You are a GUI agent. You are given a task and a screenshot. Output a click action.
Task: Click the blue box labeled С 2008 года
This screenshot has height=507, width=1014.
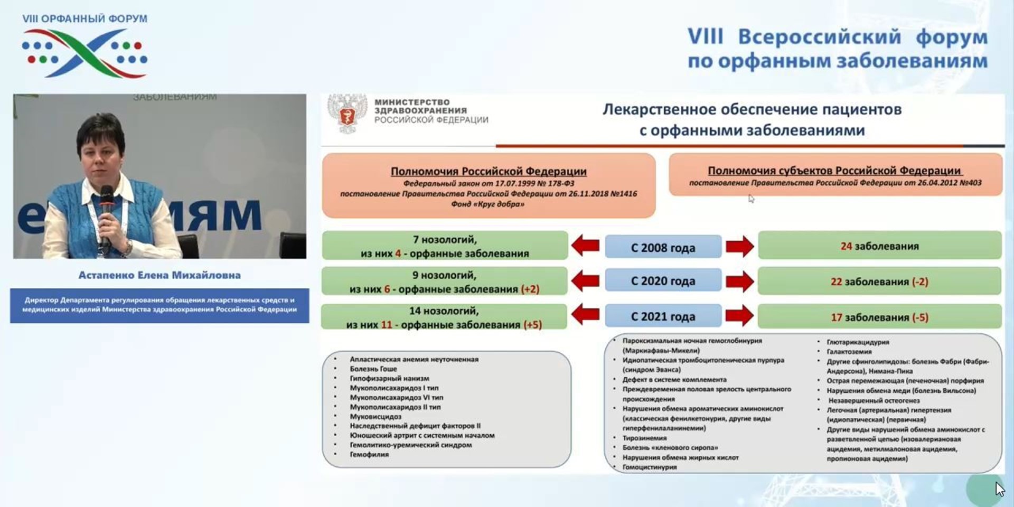tap(663, 247)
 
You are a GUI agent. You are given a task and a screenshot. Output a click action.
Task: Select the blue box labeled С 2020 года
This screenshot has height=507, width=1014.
tap(663, 281)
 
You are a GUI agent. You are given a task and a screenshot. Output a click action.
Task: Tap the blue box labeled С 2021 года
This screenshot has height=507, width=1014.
tap(663, 316)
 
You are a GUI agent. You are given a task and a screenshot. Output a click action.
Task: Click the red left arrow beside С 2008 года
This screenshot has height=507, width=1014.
tap(585, 246)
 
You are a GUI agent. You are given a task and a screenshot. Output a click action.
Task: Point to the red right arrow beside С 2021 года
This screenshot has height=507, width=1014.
tap(739, 316)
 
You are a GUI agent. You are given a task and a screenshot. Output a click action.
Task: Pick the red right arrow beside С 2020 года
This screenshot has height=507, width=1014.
tap(739, 281)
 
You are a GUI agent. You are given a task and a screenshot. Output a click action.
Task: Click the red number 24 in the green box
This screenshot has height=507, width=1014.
tap(846, 246)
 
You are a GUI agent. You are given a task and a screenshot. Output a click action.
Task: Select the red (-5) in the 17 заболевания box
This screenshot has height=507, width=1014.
tap(920, 317)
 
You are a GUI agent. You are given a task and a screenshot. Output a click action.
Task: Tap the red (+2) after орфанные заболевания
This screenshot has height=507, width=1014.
tap(530, 289)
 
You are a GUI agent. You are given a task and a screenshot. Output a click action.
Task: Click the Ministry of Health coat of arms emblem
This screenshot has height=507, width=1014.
tap(347, 113)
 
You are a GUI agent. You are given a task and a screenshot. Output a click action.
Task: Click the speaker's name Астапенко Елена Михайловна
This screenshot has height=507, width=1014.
tap(159, 275)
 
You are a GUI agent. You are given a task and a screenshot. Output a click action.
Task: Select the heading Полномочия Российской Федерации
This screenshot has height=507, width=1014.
tap(489, 171)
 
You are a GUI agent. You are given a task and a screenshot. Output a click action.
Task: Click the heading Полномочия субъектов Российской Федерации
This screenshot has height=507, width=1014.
tap(834, 171)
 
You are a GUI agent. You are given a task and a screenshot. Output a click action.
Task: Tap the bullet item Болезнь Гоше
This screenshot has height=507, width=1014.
tap(373, 369)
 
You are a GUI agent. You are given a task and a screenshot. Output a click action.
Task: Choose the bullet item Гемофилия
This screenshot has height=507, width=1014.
tap(369, 454)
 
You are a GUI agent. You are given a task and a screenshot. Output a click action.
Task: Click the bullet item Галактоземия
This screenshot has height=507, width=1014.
tap(849, 352)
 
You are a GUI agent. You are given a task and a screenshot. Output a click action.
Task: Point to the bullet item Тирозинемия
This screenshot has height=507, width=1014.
tap(644, 438)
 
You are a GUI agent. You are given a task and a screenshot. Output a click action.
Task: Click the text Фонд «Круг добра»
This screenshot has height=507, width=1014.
tap(487, 204)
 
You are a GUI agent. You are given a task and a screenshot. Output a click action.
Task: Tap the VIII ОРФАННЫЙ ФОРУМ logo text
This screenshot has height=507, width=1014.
tap(84, 19)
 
